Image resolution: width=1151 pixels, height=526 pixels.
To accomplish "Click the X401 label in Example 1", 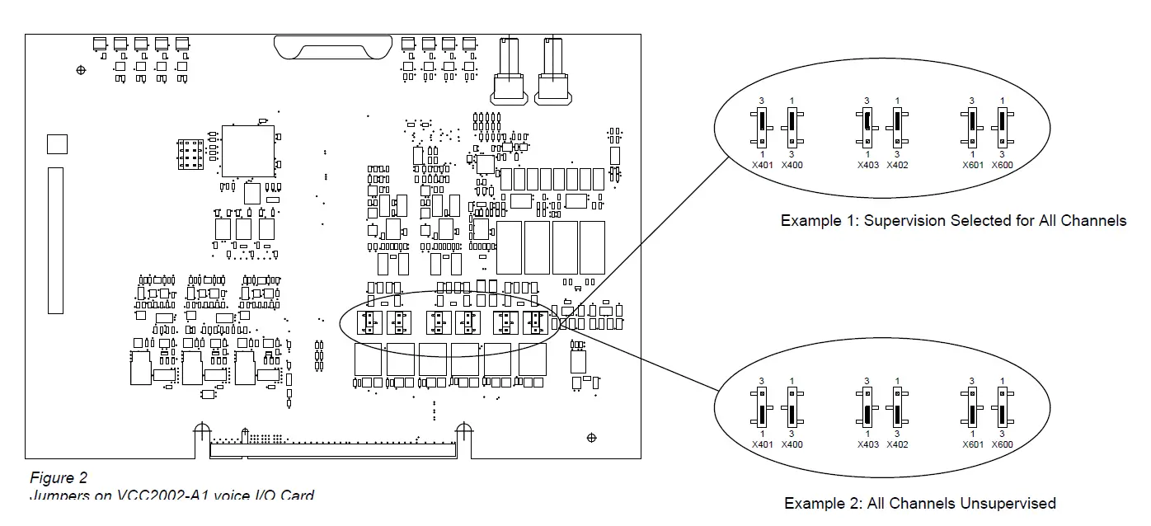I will (x=763, y=165).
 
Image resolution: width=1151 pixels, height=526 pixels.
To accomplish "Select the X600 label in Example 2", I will (x=1002, y=445).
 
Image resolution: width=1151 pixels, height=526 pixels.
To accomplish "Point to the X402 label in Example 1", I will (x=897, y=165).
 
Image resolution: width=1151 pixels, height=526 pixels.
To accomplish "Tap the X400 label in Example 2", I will (x=792, y=445).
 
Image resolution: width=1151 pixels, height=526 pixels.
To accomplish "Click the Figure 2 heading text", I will (x=59, y=478).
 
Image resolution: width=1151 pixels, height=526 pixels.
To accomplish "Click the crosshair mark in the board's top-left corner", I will (x=80, y=70).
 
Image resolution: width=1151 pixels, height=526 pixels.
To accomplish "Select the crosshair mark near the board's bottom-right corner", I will (x=590, y=436).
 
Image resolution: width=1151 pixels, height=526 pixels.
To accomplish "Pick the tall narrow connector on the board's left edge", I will (x=55, y=240).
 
